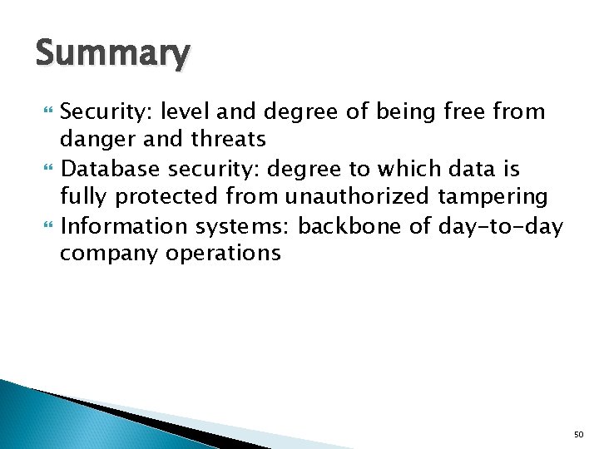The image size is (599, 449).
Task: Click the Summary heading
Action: click(112, 54)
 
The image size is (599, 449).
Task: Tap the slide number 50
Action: click(580, 433)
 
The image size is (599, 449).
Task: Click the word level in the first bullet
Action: click(188, 111)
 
